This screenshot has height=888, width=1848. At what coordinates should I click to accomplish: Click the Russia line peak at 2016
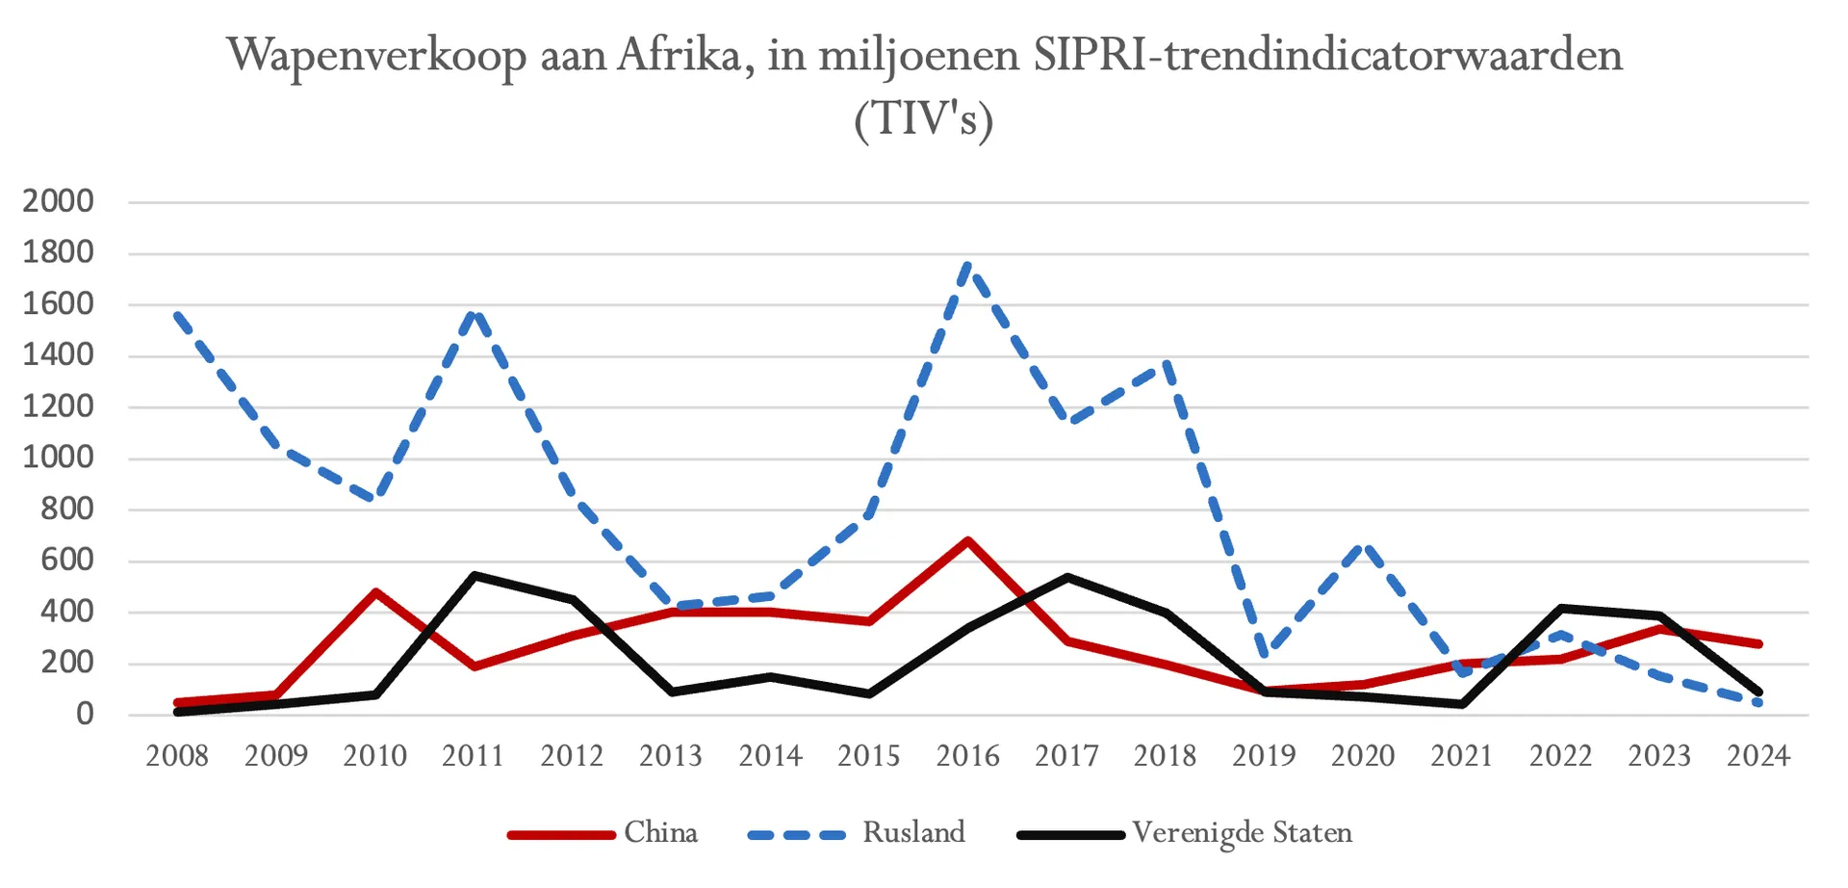point(967,265)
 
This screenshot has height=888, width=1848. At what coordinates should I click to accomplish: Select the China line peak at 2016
point(967,540)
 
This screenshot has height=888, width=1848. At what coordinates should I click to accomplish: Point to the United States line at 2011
point(474,575)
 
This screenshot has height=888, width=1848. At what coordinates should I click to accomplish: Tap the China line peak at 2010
point(375,591)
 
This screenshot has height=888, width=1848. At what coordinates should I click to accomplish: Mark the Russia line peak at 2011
point(474,312)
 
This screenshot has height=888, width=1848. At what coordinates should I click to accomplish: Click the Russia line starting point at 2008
point(178,315)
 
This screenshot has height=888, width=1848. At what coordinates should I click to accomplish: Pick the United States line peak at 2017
point(1066,577)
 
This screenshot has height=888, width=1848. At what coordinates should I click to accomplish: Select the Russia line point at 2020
point(1363,545)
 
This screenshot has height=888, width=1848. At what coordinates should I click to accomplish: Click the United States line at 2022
point(1560,608)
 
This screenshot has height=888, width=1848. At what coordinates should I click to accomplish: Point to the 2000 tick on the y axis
point(59,201)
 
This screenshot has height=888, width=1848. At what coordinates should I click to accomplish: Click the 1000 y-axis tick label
point(59,457)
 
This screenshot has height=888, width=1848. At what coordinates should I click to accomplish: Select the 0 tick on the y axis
point(85,714)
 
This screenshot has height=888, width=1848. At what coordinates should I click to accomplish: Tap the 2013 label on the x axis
point(671,756)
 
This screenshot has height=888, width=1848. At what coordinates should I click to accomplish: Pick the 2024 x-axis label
point(1758,756)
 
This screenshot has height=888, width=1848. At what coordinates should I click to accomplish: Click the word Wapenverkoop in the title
point(376,56)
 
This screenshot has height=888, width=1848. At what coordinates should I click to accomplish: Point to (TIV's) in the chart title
point(923,120)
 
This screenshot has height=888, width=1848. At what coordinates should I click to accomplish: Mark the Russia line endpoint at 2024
point(1758,703)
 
